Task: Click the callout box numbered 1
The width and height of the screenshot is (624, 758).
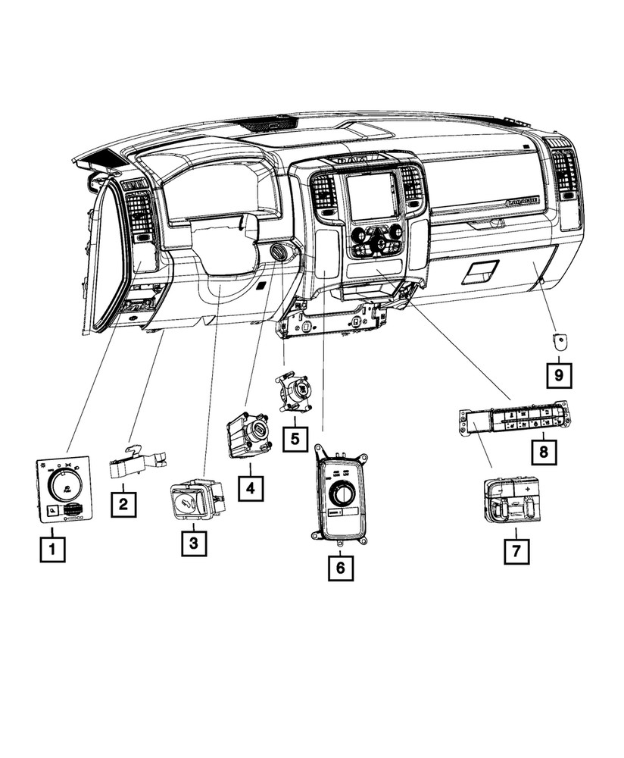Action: click(53, 549)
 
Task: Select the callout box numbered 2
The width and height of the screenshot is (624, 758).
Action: click(123, 504)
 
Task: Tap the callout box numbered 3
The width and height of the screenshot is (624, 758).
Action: click(193, 543)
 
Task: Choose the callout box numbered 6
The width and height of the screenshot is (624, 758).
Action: click(341, 566)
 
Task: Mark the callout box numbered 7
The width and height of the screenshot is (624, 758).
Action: click(516, 551)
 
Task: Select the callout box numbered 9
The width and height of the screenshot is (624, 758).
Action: click(560, 374)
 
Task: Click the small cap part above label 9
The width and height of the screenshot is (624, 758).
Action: click(560, 341)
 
